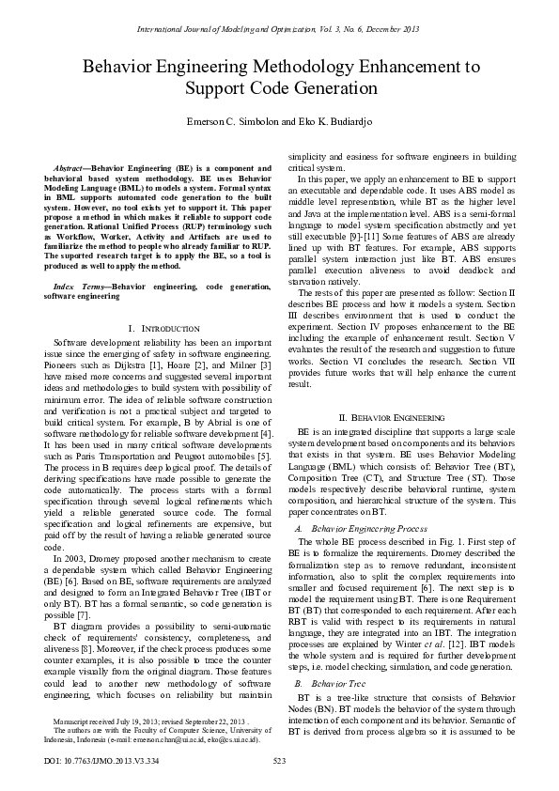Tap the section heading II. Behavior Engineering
[x=399, y=416]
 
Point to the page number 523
[x=279, y=760]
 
